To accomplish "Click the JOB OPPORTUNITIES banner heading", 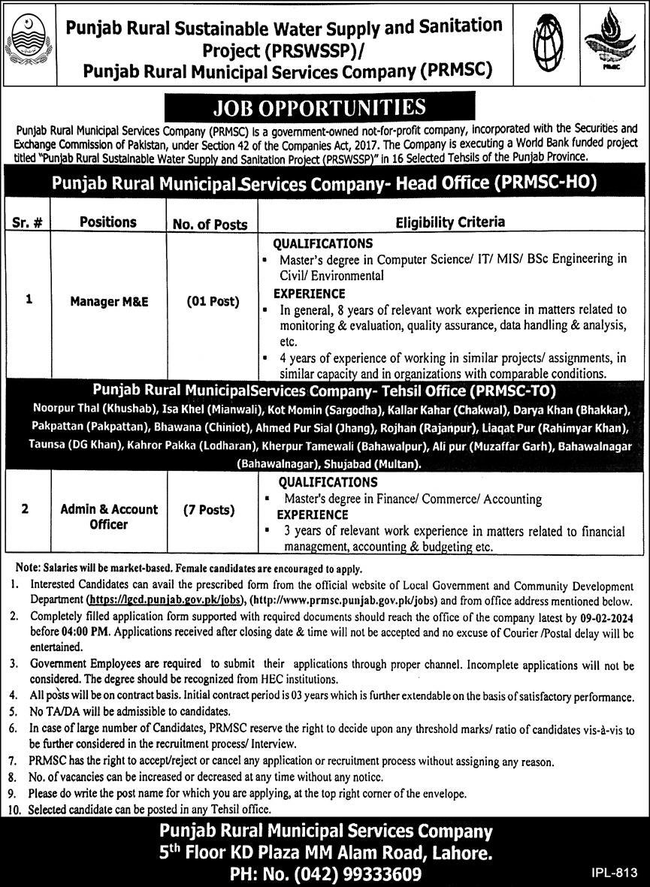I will (x=319, y=107).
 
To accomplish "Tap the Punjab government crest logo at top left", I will (x=29, y=41).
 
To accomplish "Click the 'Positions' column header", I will (x=109, y=222).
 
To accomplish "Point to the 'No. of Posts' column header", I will (x=210, y=223).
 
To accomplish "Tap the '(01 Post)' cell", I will (x=213, y=302).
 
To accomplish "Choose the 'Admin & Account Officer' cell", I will (x=109, y=517).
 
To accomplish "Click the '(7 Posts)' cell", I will (x=210, y=510).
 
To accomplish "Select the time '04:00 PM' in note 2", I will (x=80, y=631).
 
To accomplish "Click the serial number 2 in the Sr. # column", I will (x=26, y=509).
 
